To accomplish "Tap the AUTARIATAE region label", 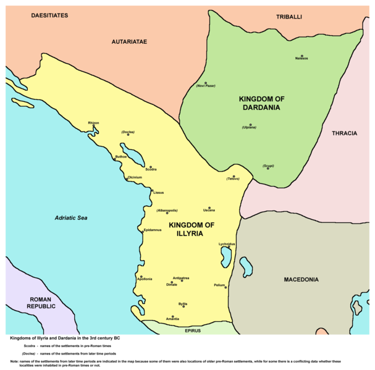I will [x=129, y=42].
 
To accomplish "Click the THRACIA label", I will [x=344, y=133].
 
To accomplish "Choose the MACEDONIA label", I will [x=301, y=280].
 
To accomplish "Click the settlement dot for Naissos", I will [x=302, y=55].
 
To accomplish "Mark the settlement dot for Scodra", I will [x=146, y=165].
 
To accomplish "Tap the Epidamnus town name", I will [x=153, y=230].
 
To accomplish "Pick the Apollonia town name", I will [x=145, y=280].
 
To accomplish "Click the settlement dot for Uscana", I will [x=209, y=208].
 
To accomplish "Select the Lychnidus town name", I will [x=227, y=244].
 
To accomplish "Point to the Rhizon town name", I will [x=93, y=122].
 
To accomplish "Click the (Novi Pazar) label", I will [x=205, y=86].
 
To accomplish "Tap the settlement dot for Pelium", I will [x=226, y=287].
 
